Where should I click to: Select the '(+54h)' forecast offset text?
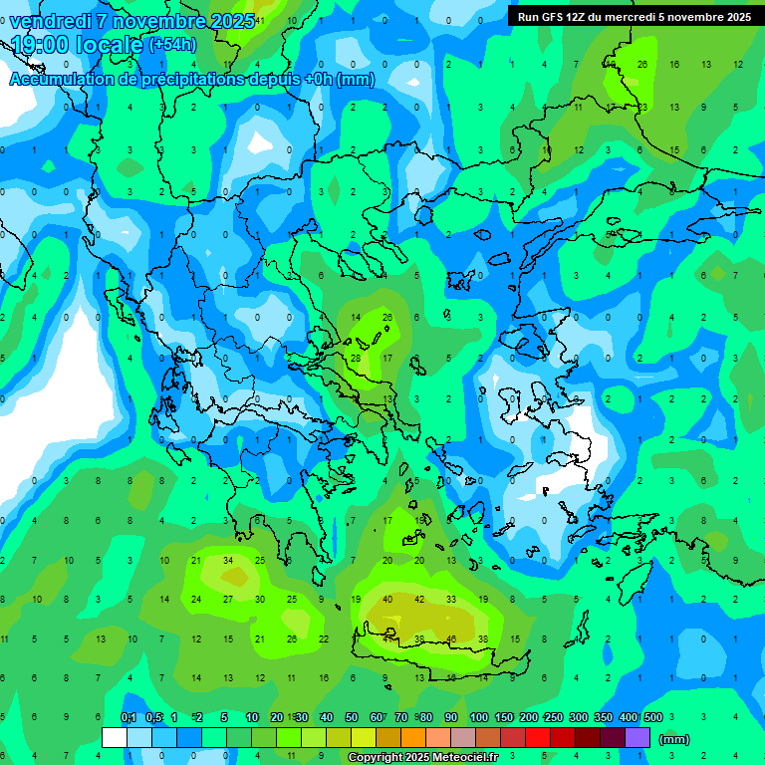pos(171,45)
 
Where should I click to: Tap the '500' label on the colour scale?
pos(652,718)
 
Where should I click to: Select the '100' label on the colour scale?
pos(478,718)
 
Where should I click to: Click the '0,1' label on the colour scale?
pos(128,718)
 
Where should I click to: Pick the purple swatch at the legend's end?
pos(637,737)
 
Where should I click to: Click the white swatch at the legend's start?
pos(115,737)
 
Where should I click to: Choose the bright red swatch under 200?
pos(538,737)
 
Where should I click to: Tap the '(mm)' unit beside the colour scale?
pos(674,739)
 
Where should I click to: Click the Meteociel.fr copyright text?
pos(423,757)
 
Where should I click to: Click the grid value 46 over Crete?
pos(451,638)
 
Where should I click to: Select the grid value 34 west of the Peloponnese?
pos(228,560)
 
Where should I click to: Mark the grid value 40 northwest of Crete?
pos(387,599)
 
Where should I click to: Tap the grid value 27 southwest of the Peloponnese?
pos(228,599)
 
